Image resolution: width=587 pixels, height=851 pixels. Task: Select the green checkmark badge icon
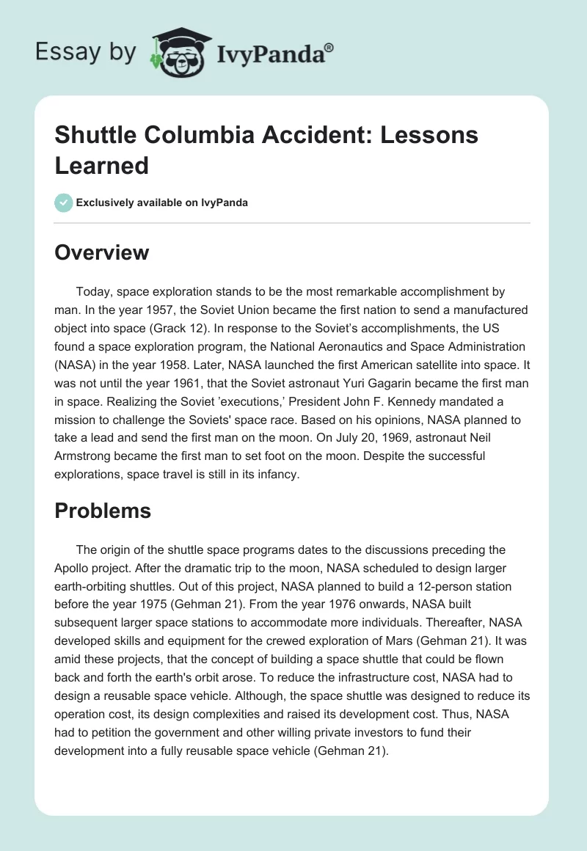coord(65,202)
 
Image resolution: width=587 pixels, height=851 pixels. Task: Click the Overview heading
coord(101,252)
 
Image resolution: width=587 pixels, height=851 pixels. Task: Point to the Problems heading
coord(103,511)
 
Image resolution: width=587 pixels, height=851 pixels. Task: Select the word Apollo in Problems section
coord(75,569)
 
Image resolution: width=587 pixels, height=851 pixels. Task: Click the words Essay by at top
coord(87,53)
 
